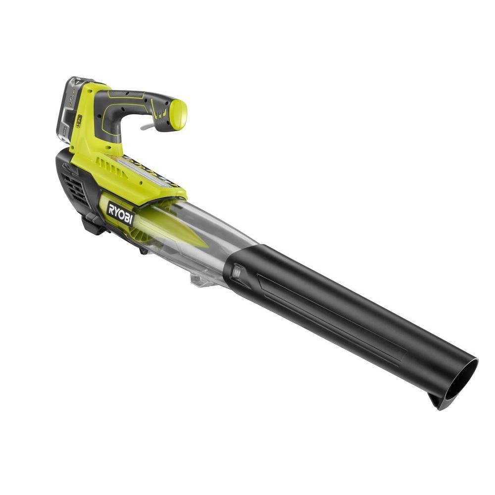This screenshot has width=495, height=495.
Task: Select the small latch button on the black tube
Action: (x=237, y=272)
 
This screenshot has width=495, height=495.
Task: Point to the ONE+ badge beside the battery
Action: (x=79, y=121)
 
